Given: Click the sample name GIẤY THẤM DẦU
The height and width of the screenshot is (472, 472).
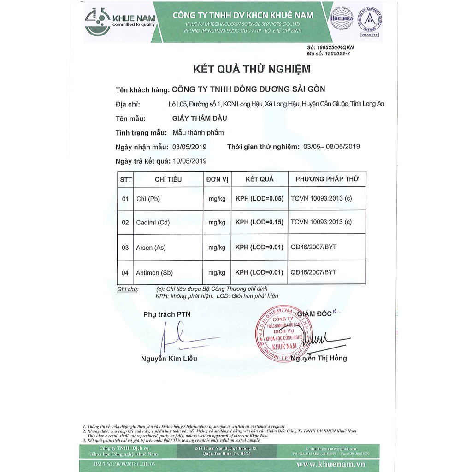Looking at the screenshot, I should [200, 118].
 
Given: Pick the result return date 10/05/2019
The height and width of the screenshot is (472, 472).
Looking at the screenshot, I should [189, 161].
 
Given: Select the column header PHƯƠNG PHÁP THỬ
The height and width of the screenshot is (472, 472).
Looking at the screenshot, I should [327, 179].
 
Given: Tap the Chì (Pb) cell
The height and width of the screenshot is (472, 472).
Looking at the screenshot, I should [148, 199].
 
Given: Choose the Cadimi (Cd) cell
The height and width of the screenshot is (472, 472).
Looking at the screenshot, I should [153, 223].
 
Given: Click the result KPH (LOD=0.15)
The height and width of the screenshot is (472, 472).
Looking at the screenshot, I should [259, 223].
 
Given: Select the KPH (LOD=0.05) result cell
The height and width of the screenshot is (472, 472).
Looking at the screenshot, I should [259, 199].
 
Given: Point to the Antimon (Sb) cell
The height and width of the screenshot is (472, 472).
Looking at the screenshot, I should [154, 272].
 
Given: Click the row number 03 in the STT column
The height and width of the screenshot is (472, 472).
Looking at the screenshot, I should [125, 248].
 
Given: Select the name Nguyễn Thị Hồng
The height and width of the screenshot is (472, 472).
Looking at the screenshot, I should [319, 358].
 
